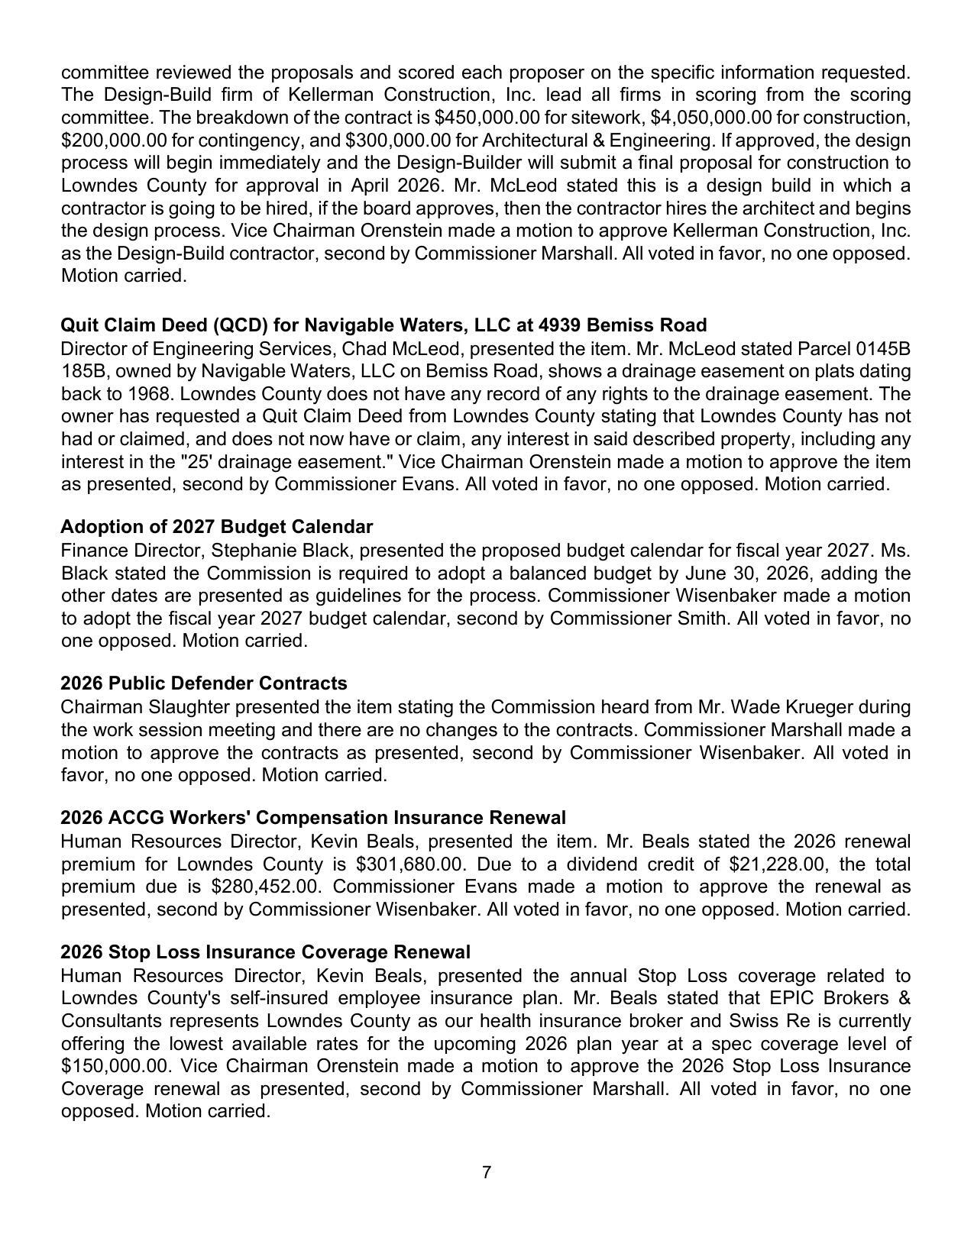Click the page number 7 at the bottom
coord(487,1172)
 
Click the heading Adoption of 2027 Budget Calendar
coord(216,527)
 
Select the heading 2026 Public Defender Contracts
coord(203,683)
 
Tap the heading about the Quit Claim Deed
coord(383,325)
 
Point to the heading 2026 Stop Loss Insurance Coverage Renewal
coord(265,952)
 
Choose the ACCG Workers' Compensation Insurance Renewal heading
coord(313,818)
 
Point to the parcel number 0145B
coord(882,349)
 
